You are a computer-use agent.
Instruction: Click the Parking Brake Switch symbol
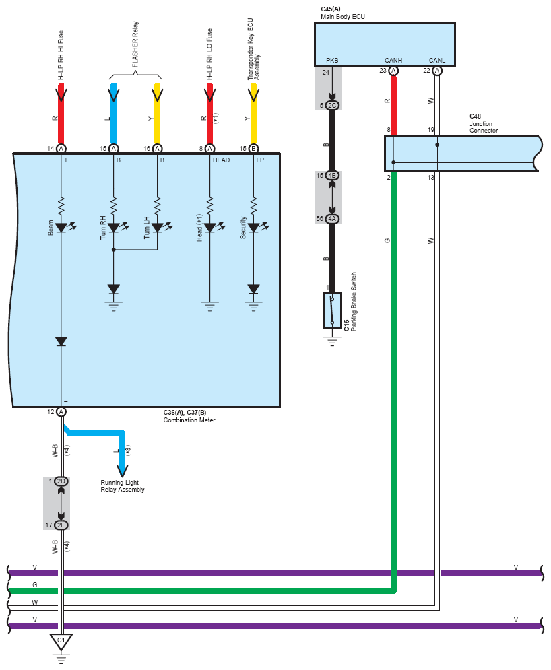(332, 310)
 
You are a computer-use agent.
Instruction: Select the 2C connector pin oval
(332, 106)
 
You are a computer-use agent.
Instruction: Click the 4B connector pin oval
(332, 176)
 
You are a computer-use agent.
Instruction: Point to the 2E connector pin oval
(61, 525)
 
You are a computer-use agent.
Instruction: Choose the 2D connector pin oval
(61, 481)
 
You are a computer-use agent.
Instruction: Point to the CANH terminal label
(393, 60)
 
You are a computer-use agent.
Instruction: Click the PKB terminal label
(332, 60)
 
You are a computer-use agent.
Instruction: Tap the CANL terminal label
(437, 60)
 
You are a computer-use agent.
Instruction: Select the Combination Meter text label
(189, 420)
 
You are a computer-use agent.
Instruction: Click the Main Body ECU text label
(343, 17)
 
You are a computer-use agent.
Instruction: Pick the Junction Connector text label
(484, 127)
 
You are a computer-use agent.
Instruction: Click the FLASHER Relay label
(135, 44)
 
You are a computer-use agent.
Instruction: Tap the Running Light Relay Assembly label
(122, 486)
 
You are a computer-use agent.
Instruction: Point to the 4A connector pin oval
(332, 219)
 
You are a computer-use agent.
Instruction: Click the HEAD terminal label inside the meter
(221, 160)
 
